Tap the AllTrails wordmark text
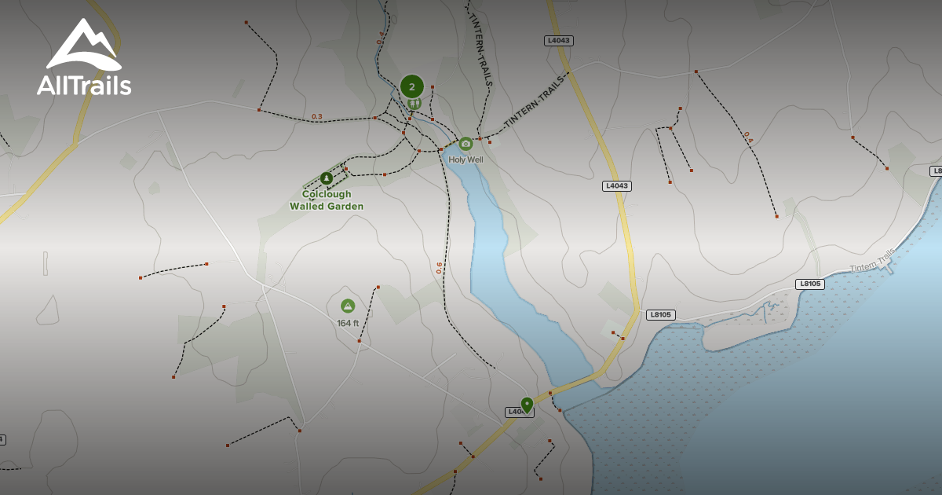click(84, 85)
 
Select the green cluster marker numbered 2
click(411, 86)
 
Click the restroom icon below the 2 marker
click(414, 103)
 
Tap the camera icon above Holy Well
click(466, 143)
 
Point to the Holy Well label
click(466, 159)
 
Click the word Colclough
click(327, 194)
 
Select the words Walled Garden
click(327, 207)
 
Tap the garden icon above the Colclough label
click(327, 178)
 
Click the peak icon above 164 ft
click(348, 306)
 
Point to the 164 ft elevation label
click(348, 323)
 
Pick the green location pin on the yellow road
click(527, 404)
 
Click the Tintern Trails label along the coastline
click(872, 260)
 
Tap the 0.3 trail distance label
click(316, 116)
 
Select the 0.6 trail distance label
click(439, 267)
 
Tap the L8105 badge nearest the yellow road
click(661, 314)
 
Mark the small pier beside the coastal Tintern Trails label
click(889, 269)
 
